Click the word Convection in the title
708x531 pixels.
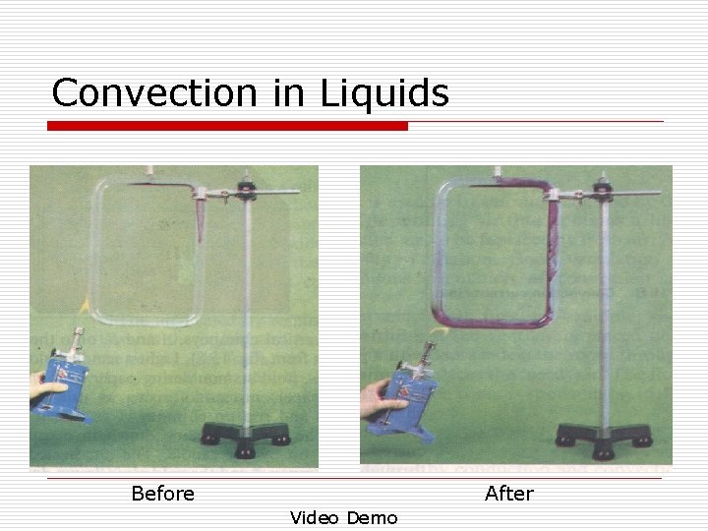pyautogui.click(x=152, y=93)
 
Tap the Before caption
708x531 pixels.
pyautogui.click(x=162, y=493)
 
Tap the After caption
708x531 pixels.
pyautogui.click(x=508, y=493)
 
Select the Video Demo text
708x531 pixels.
pyautogui.click(x=343, y=517)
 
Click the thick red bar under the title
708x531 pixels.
pyautogui.click(x=227, y=126)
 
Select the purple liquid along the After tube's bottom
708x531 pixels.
pyautogui.click(x=492, y=322)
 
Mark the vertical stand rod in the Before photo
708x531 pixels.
pyautogui.click(x=247, y=315)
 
